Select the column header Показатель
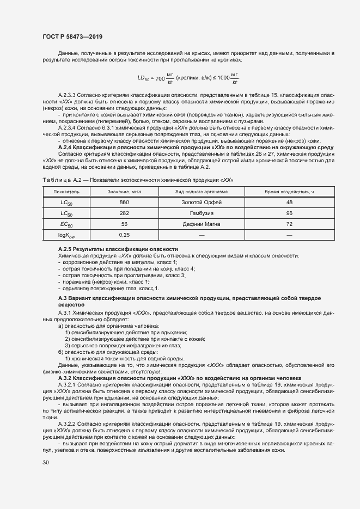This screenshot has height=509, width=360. click(x=66, y=192)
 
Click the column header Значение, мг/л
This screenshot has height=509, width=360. click(x=124, y=192)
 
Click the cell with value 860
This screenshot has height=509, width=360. click(x=124, y=203)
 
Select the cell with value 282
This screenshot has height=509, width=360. click(x=124, y=213)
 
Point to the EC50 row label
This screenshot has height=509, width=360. click(x=66, y=224)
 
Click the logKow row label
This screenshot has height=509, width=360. click(x=66, y=235)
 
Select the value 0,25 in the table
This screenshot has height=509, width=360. click(x=124, y=235)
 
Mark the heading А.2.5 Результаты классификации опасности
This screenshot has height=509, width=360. click(x=118, y=249)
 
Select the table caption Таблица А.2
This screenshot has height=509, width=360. click(x=56, y=180)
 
